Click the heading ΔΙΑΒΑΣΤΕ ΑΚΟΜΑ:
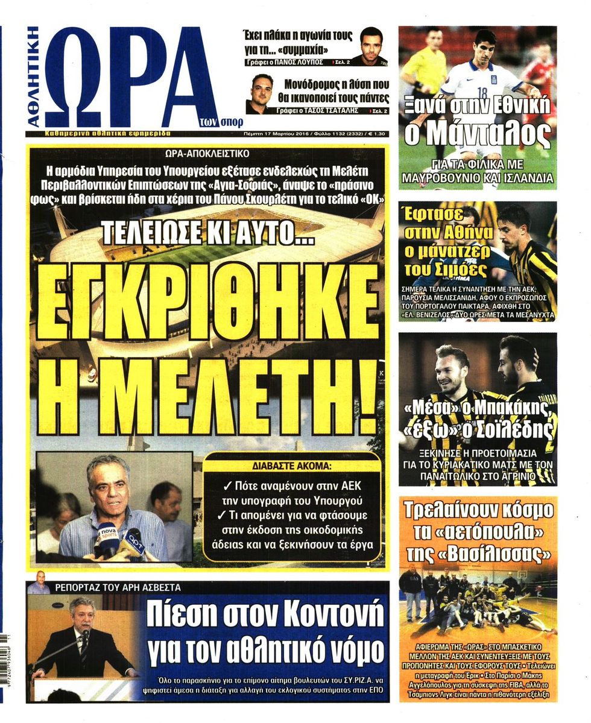tap(292, 465)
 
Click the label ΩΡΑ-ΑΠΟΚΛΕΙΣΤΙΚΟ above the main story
tap(206, 154)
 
